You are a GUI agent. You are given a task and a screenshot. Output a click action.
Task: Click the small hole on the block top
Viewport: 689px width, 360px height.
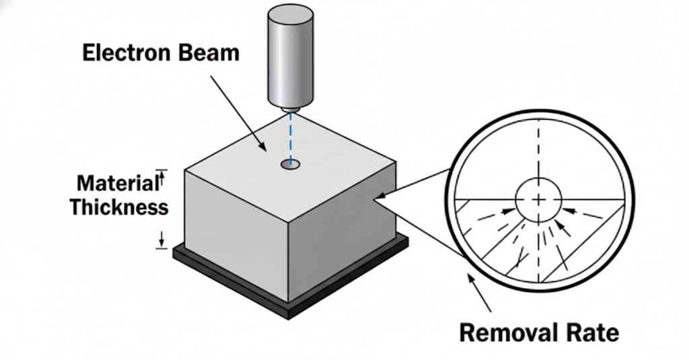tap(291, 164)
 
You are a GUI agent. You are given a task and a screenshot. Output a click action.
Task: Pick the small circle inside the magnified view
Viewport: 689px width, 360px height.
tap(538, 200)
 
